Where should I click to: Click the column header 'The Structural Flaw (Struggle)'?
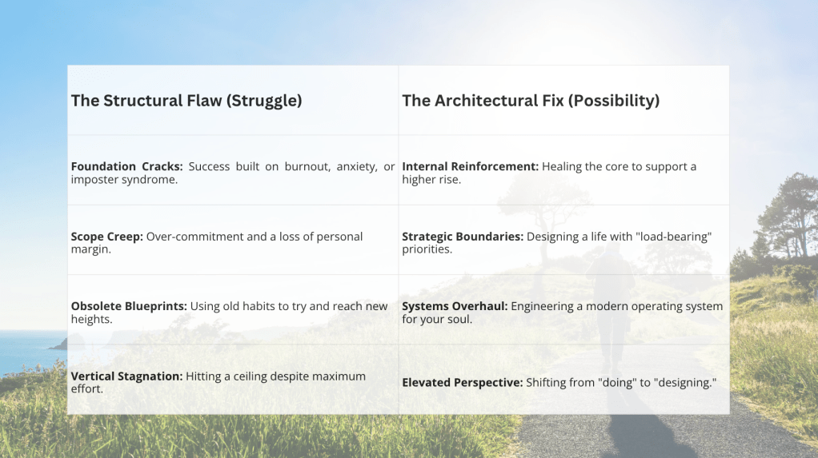click(x=186, y=101)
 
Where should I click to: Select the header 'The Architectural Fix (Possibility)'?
click(x=531, y=101)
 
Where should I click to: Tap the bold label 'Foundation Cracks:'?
click(x=126, y=167)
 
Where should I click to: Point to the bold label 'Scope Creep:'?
click(x=107, y=237)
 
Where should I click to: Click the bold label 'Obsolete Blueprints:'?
click(x=129, y=306)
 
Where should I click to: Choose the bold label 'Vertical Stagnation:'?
click(x=126, y=376)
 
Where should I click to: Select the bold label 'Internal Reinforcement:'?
click(x=470, y=167)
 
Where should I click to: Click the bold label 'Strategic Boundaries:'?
click(x=462, y=237)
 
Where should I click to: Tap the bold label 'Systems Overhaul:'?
click(x=455, y=306)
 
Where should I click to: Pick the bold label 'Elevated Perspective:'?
click(x=462, y=382)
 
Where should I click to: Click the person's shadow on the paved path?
click(x=642, y=428)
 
